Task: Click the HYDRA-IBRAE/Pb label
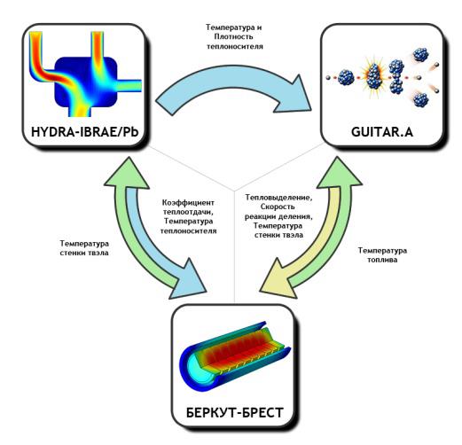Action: (85, 132)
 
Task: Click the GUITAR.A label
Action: (382, 132)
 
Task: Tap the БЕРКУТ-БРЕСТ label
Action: (235, 412)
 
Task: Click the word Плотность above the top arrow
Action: (233, 36)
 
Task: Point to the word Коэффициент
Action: (188, 203)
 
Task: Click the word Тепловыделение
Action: (278, 198)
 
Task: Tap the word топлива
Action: (382, 260)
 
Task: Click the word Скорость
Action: (278, 207)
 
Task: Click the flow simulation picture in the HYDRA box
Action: (85, 74)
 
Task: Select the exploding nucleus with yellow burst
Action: (373, 76)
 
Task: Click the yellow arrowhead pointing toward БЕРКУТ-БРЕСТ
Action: (277, 278)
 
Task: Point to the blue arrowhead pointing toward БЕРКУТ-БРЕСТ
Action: (189, 280)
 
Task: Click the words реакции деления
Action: (278, 216)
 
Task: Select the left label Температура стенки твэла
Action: (84, 248)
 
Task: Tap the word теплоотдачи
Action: (189, 212)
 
